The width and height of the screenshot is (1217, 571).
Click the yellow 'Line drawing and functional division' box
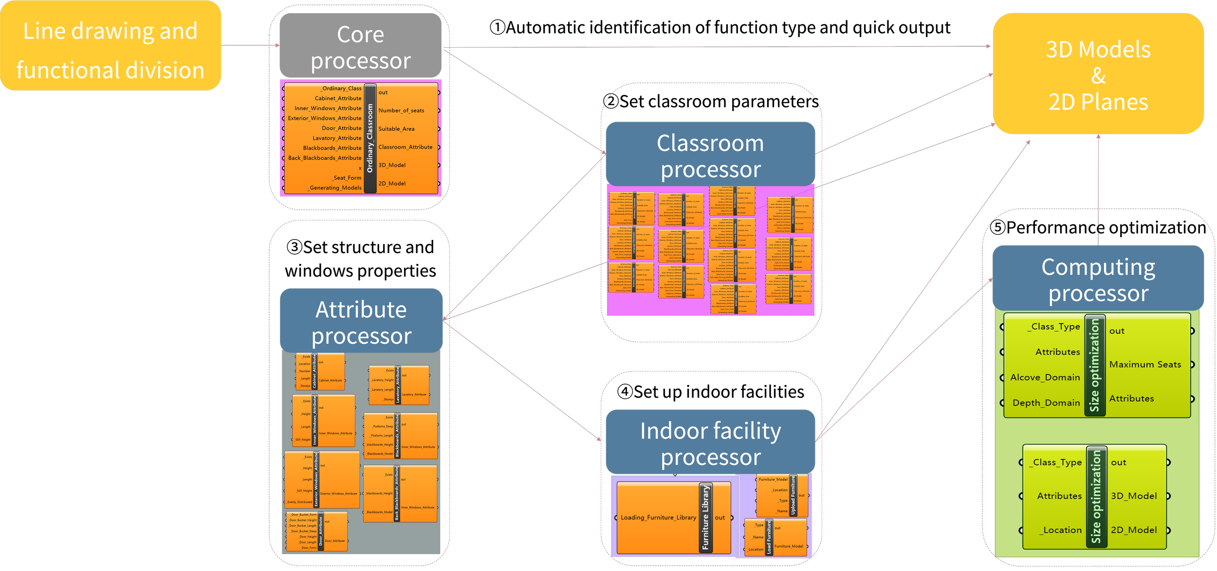point(110,45)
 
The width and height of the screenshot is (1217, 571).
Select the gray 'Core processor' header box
point(360,46)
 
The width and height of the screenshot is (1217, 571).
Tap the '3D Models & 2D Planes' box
point(1098,74)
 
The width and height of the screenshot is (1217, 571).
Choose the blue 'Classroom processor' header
point(710,155)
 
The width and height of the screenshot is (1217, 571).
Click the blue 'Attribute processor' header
point(361,321)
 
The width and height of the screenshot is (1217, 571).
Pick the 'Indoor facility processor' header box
point(710,442)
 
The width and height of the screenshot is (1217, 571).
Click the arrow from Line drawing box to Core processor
point(250,45)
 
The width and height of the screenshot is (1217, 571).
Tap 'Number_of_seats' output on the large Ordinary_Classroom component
point(401,111)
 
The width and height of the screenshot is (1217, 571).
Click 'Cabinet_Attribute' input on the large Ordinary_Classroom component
point(338,98)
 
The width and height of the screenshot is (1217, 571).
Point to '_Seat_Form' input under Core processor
point(347,178)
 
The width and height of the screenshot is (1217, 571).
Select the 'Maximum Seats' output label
point(1145,365)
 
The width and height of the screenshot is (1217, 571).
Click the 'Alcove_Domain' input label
point(1045,377)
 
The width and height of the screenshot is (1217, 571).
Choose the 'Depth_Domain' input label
point(1046,403)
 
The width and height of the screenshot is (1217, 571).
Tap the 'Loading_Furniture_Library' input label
point(658,517)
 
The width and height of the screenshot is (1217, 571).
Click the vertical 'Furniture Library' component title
point(705,517)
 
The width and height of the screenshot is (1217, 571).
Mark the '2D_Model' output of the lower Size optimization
point(1133,530)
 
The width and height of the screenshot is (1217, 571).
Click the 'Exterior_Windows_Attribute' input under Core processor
point(324,118)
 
